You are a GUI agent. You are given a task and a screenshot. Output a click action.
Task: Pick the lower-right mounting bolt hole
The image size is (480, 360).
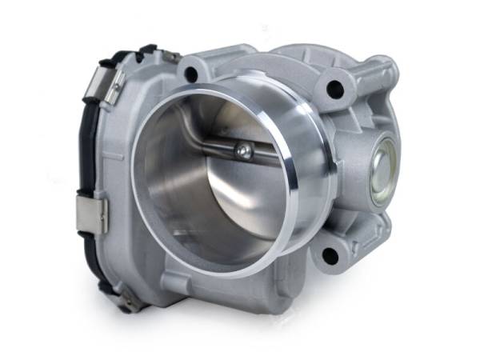[x=329, y=255]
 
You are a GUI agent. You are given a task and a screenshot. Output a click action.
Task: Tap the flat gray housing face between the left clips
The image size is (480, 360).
[x=112, y=160]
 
